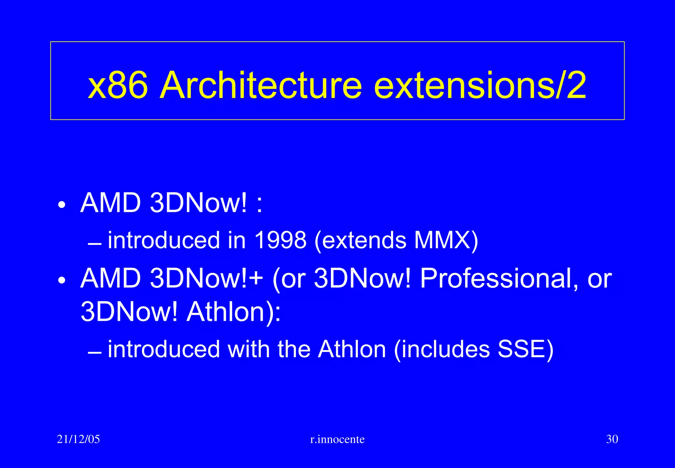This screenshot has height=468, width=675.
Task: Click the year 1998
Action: point(280,240)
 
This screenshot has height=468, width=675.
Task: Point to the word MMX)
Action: point(446,240)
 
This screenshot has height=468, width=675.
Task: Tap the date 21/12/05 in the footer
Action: point(78,439)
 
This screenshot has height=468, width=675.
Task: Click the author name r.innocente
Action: point(337,439)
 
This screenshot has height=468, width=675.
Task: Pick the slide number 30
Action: point(612,439)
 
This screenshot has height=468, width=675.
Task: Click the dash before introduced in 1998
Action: point(95,245)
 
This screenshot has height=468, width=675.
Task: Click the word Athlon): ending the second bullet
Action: point(234,312)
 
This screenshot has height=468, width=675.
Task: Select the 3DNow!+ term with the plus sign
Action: point(206,278)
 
